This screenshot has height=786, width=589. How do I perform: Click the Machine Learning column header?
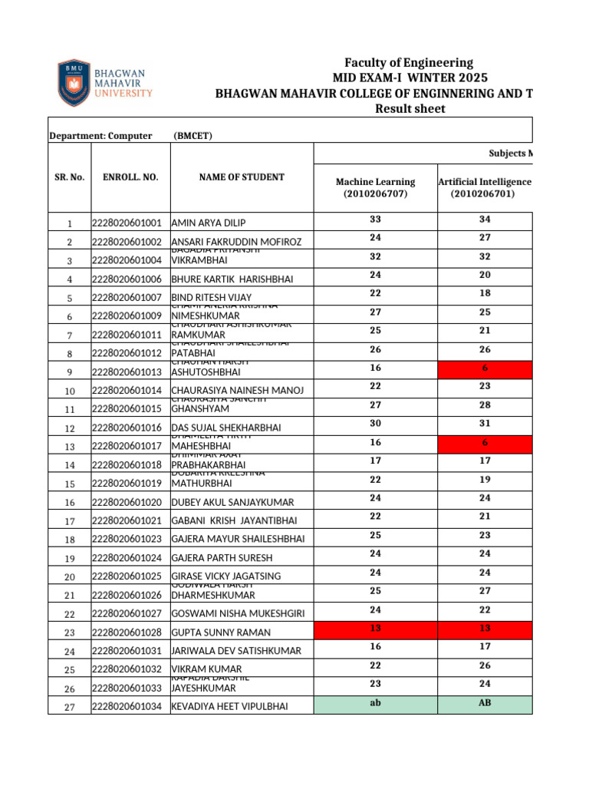pyautogui.click(x=375, y=188)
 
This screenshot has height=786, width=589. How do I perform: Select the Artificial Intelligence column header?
pyautogui.click(x=484, y=188)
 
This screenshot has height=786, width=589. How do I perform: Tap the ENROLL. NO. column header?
pyautogui.click(x=130, y=177)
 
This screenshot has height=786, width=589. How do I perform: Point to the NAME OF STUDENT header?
pyautogui.click(x=242, y=177)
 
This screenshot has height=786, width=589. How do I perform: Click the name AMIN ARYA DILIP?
pyautogui.click(x=209, y=223)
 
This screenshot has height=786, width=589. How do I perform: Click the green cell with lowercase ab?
pyautogui.click(x=375, y=704)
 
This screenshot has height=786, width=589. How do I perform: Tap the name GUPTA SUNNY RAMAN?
pyautogui.click(x=222, y=632)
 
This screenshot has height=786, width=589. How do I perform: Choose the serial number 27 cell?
pyautogui.click(x=70, y=707)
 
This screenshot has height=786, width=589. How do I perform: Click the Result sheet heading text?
pyautogui.click(x=409, y=109)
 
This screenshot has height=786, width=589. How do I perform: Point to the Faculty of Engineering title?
pyautogui.click(x=409, y=63)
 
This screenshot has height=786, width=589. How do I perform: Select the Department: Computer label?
pyautogui.click(x=100, y=137)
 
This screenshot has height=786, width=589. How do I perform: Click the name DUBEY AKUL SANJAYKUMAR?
pyautogui.click(x=232, y=502)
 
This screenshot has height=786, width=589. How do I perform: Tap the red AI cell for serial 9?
pyautogui.click(x=484, y=369)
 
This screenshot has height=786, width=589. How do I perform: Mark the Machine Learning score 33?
pyautogui.click(x=375, y=220)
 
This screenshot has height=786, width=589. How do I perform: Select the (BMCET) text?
pyautogui.click(x=192, y=137)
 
